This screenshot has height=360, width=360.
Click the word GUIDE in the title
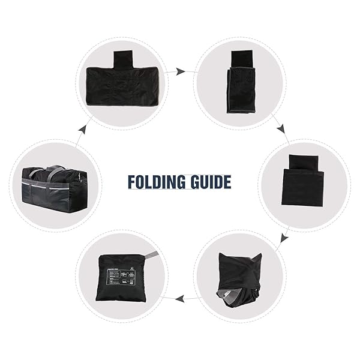pos(209,182)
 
